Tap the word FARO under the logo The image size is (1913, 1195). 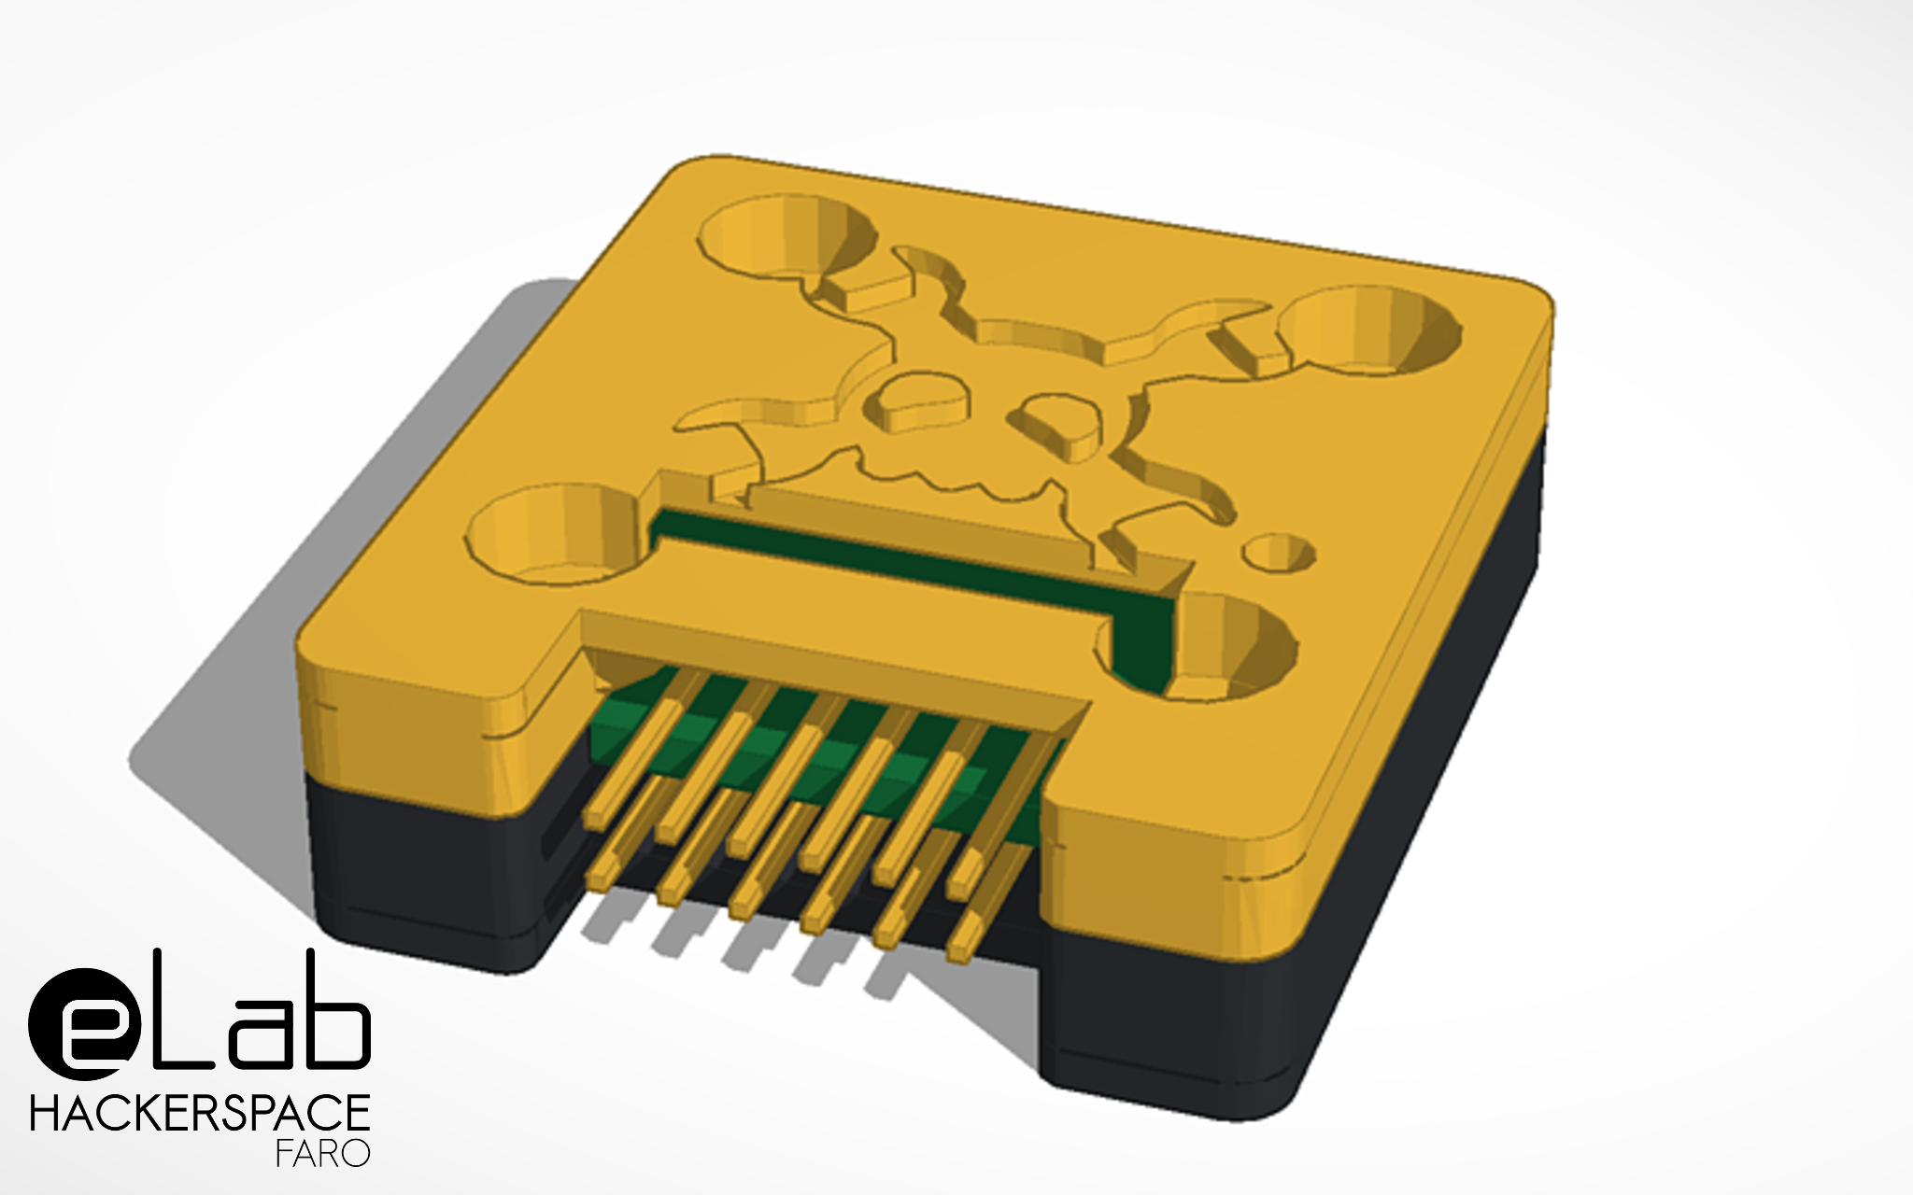click(322, 1154)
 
